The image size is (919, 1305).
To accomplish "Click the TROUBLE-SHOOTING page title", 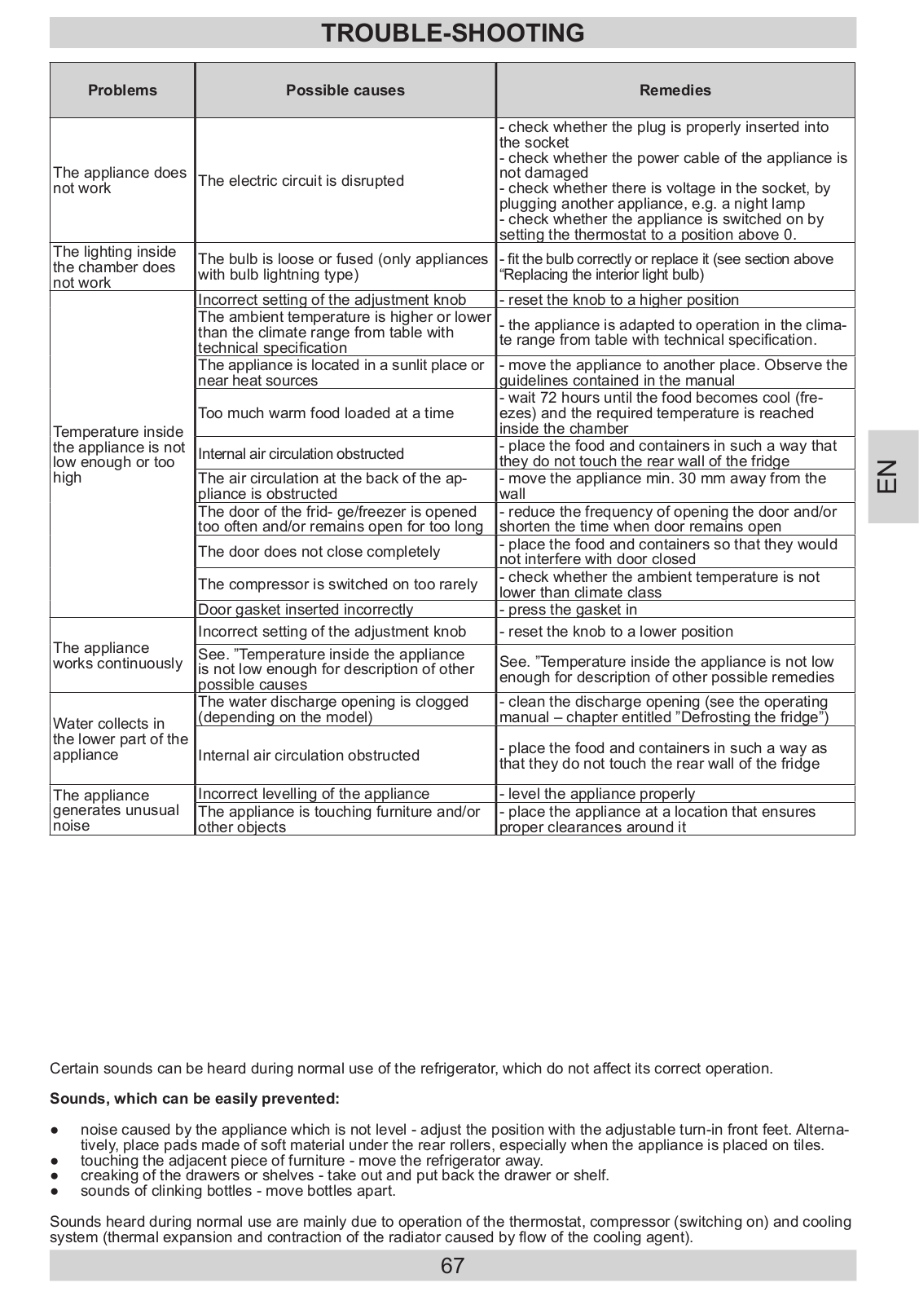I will [452, 33].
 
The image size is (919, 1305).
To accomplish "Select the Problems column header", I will [122, 90].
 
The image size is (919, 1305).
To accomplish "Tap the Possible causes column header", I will [345, 90].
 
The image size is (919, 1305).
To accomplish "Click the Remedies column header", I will [675, 90].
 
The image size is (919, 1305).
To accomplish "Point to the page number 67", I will [452, 1265].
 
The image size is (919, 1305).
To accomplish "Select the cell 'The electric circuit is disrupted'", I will [301, 181].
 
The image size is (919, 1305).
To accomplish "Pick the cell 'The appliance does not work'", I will [120, 180].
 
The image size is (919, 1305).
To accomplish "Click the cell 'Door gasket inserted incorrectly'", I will [306, 610].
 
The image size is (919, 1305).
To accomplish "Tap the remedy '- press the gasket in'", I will [569, 610].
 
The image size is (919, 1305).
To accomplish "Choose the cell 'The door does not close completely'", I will [319, 552].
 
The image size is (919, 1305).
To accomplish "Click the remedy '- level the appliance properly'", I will [597, 794].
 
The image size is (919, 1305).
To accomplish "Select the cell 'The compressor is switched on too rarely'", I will [338, 584].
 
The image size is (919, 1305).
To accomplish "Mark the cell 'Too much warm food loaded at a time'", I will [326, 413].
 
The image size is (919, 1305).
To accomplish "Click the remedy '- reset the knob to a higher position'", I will [619, 300].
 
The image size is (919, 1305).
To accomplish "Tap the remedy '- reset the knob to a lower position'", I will [616, 632].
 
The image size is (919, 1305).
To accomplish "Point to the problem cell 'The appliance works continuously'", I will [118, 655].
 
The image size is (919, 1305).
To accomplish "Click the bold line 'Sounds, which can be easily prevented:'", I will [195, 1099].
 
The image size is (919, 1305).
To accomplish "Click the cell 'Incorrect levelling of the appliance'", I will [314, 794].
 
